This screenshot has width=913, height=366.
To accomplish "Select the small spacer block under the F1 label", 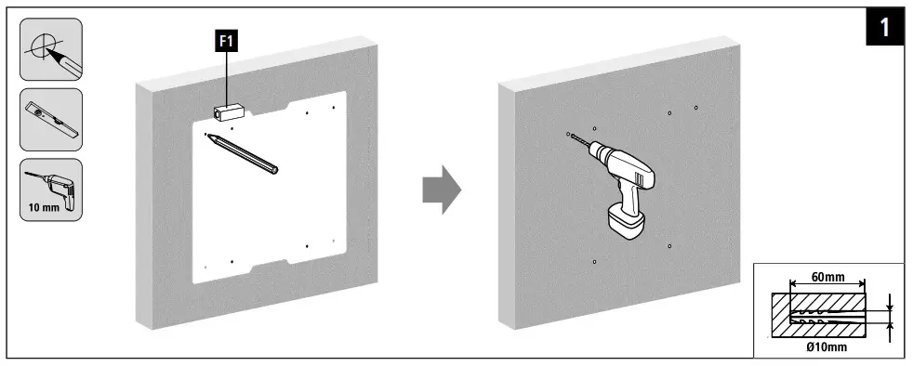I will coord(227,111).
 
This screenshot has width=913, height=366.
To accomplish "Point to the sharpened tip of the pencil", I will coord(210,137).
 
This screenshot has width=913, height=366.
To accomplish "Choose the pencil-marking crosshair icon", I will coord(50,49).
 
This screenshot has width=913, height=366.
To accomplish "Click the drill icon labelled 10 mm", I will coord(50,183).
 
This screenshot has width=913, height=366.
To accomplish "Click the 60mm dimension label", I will coord(827,277).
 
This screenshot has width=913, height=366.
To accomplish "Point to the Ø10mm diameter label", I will coord(827,347).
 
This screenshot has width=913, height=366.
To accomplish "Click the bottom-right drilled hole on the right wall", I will coord(669,246).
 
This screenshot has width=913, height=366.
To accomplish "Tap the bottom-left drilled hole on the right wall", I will coord(594,262).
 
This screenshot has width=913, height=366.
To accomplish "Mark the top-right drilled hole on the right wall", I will coord(695,108).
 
